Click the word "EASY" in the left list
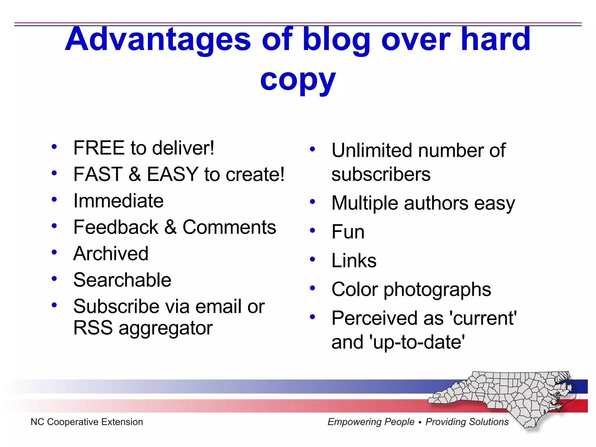[173, 174]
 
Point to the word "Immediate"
[118, 201]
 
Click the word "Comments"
[229, 227]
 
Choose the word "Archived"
[111, 253]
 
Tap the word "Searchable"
[122, 280]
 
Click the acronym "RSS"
[93, 328]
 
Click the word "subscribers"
[381, 175]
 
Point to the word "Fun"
[348, 232]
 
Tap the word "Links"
[354, 260]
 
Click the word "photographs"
[437, 290]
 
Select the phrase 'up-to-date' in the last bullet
[417, 342]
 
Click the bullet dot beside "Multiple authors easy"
[313, 202]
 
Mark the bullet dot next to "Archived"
[54, 252]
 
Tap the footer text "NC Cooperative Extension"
[87, 422]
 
